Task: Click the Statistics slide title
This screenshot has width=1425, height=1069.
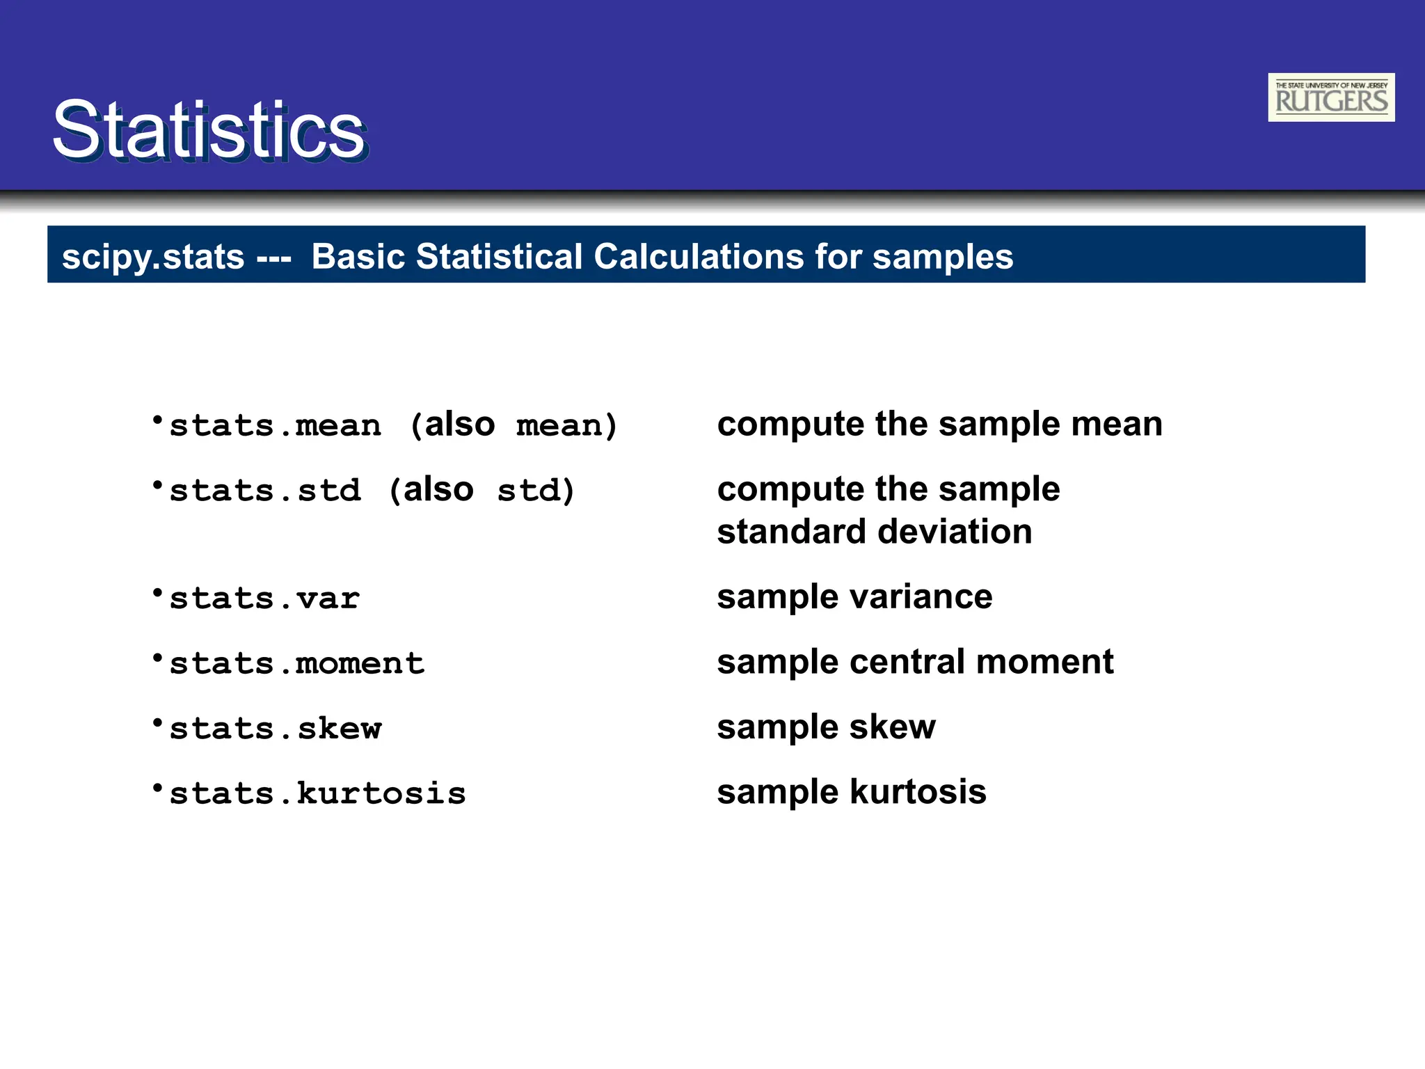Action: pyautogui.click(x=209, y=130)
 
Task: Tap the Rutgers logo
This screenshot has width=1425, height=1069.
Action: pyautogui.click(x=1330, y=97)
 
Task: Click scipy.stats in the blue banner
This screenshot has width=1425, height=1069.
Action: pyautogui.click(x=153, y=257)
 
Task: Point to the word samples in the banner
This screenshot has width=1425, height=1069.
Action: pyautogui.click(x=942, y=257)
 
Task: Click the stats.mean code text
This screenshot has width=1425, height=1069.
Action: pyautogui.click(x=276, y=425)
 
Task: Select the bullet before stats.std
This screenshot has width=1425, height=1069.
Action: pyautogui.click(x=158, y=485)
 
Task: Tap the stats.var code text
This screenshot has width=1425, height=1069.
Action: pyautogui.click(x=264, y=599)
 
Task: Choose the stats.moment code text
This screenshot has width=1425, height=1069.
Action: pyautogui.click(x=296, y=663)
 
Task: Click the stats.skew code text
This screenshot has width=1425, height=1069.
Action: pyautogui.click(x=276, y=729)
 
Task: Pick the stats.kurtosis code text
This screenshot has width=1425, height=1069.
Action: pyautogui.click(x=317, y=793)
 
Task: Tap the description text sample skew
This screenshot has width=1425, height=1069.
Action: pyautogui.click(x=826, y=727)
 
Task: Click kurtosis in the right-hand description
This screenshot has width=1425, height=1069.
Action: pyautogui.click(x=918, y=792)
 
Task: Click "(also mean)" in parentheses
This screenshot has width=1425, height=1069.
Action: pyautogui.click(x=514, y=425)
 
